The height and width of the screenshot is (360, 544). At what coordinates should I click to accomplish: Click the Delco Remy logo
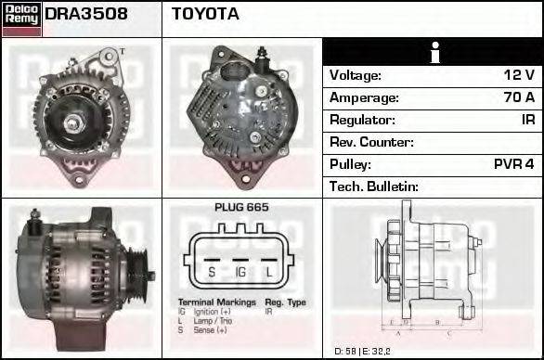21,17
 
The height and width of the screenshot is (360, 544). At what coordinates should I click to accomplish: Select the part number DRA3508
86,15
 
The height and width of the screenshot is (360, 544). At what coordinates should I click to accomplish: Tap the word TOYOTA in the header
205,15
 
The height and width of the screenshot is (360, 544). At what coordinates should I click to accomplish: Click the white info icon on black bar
434,53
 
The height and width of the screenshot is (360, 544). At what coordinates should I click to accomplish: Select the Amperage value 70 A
517,97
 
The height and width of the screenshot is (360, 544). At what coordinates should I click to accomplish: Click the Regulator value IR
527,120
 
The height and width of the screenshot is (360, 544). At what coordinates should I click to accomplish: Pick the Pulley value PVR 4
513,164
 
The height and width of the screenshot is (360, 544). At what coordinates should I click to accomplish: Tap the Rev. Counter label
371,142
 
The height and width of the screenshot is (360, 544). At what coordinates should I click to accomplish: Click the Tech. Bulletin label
374,186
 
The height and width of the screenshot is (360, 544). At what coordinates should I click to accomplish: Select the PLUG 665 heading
241,207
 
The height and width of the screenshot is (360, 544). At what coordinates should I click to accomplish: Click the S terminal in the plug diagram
211,272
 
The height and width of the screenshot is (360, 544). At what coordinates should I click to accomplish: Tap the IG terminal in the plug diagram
240,272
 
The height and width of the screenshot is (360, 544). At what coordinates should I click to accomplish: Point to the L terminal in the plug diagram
269,272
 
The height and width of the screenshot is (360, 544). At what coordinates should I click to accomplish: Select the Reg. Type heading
285,302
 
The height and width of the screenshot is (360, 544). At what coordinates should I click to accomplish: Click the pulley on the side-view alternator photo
140,264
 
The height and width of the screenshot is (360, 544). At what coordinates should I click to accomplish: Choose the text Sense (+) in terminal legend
211,329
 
